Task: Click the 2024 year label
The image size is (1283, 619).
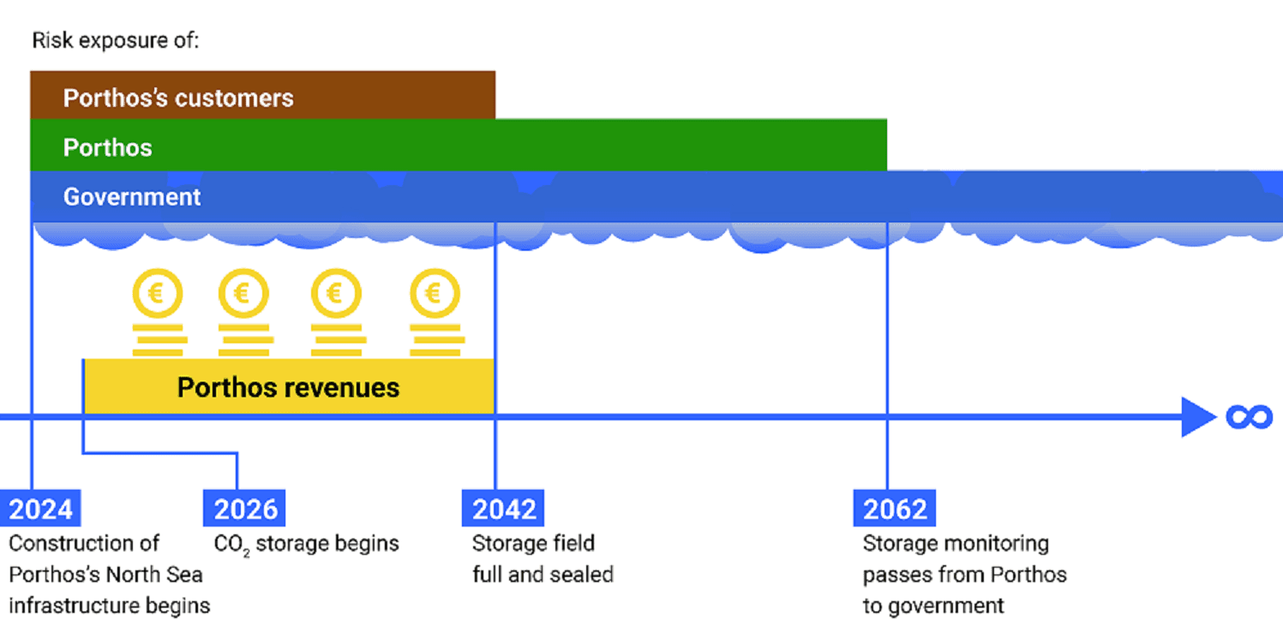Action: (x=40, y=509)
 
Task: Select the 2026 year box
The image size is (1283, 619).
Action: (x=244, y=509)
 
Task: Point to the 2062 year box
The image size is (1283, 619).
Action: (x=894, y=509)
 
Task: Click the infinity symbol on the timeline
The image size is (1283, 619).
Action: (x=1249, y=417)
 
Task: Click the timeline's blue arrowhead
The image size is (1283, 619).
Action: (x=1197, y=417)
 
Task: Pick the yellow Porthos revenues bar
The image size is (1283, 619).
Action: (x=289, y=387)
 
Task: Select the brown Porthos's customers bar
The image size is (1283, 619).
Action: (x=262, y=96)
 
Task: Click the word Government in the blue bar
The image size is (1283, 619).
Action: (x=132, y=197)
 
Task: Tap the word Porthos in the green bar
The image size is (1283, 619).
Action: (x=107, y=147)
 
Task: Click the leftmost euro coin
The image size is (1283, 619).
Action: (x=157, y=295)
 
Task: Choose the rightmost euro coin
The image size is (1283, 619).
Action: (x=435, y=295)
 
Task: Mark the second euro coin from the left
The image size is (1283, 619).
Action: (x=243, y=295)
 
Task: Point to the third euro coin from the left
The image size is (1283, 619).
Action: (x=336, y=295)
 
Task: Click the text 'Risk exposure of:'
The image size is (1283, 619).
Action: (x=115, y=40)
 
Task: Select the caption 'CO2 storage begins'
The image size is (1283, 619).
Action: (x=306, y=544)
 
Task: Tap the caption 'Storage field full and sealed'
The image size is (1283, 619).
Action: (x=542, y=558)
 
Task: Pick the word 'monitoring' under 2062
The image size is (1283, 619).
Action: (x=998, y=544)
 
